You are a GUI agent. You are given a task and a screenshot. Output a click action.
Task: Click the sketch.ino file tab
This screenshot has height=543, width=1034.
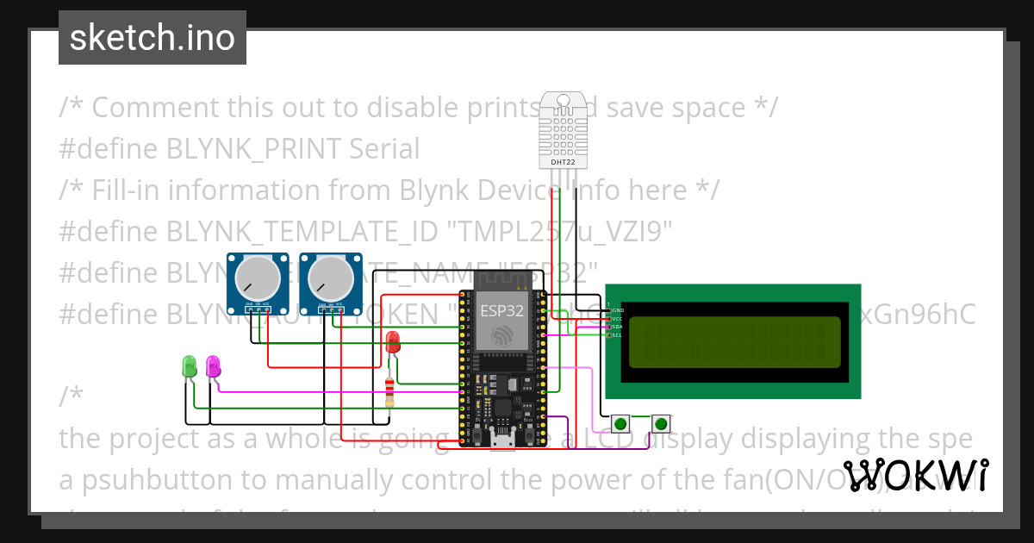(152, 38)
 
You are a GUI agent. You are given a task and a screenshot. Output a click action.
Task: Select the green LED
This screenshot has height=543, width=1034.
(190, 366)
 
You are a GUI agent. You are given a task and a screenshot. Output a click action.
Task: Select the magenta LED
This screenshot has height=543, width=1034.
(213, 366)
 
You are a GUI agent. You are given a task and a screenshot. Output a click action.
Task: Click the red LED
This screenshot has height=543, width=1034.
(393, 341)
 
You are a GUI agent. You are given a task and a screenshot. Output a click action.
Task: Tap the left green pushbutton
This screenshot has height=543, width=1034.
(620, 423)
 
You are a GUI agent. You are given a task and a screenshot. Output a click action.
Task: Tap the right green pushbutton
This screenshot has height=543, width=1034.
(661, 423)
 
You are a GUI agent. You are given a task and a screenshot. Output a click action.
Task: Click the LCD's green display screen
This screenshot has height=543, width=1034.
(733, 341)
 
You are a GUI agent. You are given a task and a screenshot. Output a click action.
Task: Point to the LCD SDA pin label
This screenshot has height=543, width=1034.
(617, 328)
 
